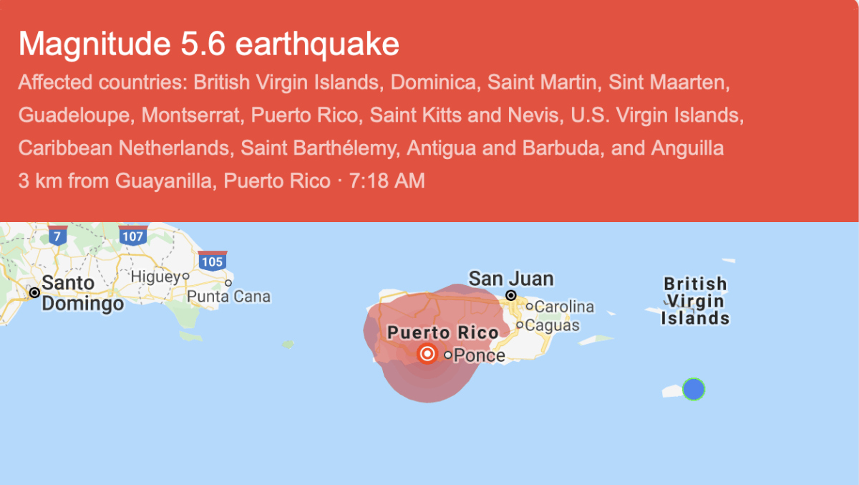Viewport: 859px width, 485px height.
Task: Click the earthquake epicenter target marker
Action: [x=427, y=353]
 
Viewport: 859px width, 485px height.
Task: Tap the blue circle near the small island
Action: [x=693, y=389]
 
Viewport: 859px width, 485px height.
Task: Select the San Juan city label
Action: [x=511, y=279]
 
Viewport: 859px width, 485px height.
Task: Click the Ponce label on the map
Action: [x=480, y=355]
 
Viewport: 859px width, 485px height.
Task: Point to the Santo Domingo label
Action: [x=82, y=293]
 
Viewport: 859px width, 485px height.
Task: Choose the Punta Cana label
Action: [x=228, y=296]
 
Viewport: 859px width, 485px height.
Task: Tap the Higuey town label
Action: [x=154, y=276]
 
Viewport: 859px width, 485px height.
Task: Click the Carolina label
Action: [x=564, y=307]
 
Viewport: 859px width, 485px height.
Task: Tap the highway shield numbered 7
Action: [x=58, y=235]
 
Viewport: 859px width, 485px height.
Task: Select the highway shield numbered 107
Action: [x=133, y=235]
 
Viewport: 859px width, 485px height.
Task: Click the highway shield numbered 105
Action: [x=212, y=261]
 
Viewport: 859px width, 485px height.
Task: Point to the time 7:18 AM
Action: [x=387, y=181]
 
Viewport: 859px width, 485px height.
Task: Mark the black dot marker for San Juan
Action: [x=511, y=295]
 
